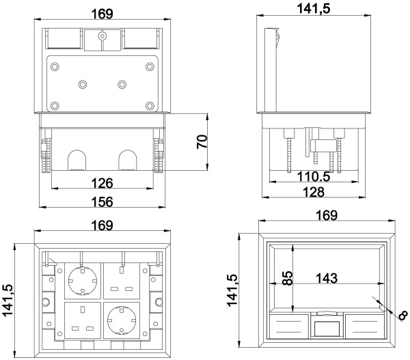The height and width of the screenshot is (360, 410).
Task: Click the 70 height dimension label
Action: [x=202, y=142]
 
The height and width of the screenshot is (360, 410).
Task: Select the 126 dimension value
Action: [x=102, y=183]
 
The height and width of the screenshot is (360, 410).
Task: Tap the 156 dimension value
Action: [x=102, y=202]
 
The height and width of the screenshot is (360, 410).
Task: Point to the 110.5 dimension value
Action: [x=314, y=177]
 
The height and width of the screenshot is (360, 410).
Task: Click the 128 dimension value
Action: [x=314, y=192]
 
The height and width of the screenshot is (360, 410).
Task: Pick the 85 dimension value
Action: [x=287, y=278]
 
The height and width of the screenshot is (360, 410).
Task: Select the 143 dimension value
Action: [x=327, y=278]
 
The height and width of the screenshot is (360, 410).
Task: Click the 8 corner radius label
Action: [x=403, y=316]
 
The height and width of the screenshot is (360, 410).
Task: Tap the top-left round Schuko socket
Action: [x=83, y=281]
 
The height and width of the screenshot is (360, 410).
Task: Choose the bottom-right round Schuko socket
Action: [x=122, y=320]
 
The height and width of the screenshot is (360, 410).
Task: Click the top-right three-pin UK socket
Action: [x=122, y=281]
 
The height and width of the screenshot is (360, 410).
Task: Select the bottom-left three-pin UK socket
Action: [x=83, y=320]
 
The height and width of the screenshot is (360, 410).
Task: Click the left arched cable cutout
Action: [x=77, y=160]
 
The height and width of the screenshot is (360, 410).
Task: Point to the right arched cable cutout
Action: [x=128, y=160]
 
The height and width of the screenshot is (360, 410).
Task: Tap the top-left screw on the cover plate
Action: [x=55, y=67]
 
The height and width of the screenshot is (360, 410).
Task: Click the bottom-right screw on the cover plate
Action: [x=150, y=106]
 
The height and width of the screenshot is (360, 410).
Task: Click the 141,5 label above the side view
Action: [x=314, y=9]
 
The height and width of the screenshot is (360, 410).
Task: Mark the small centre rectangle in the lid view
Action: [x=327, y=329]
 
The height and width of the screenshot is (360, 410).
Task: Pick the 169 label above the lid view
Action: [x=327, y=215]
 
